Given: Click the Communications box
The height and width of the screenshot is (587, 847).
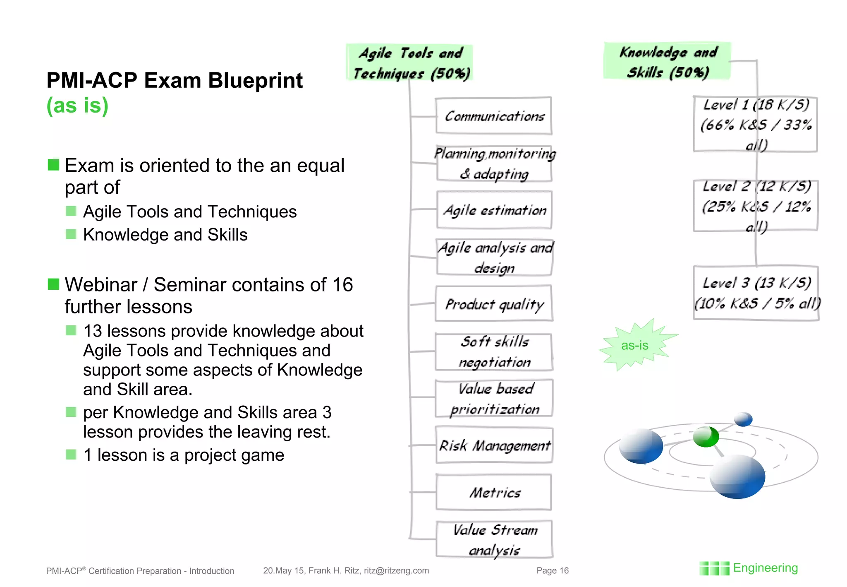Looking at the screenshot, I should click(494, 116).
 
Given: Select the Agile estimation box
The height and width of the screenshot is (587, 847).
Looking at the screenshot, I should click(494, 210).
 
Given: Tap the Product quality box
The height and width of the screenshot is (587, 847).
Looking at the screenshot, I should click(494, 303).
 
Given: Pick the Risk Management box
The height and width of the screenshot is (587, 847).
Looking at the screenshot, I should click(494, 445).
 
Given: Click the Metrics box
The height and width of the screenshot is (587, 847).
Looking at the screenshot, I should click(494, 492).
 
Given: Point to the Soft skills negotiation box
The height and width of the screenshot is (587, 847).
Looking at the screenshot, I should click(494, 352).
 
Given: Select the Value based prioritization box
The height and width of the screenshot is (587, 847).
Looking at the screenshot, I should click(494, 398).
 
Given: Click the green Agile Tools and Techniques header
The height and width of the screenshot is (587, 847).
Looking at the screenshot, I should click(409, 63).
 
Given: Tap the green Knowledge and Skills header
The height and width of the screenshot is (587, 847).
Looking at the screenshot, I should click(667, 61).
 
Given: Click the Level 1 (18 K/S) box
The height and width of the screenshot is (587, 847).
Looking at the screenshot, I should click(756, 124).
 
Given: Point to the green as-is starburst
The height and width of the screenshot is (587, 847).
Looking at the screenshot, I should click(634, 345).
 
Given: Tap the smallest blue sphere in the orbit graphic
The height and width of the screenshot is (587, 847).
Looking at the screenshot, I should click(743, 419).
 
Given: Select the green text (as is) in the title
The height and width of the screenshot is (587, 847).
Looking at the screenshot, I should click(77, 105).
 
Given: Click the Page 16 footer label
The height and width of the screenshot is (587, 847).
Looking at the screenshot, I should click(553, 570).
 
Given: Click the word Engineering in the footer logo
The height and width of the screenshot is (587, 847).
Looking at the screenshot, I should click(765, 568).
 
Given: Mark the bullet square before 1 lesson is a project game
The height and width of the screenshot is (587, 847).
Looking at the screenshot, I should click(71, 455).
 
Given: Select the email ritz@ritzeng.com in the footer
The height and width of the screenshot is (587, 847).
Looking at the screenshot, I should click(396, 570).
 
